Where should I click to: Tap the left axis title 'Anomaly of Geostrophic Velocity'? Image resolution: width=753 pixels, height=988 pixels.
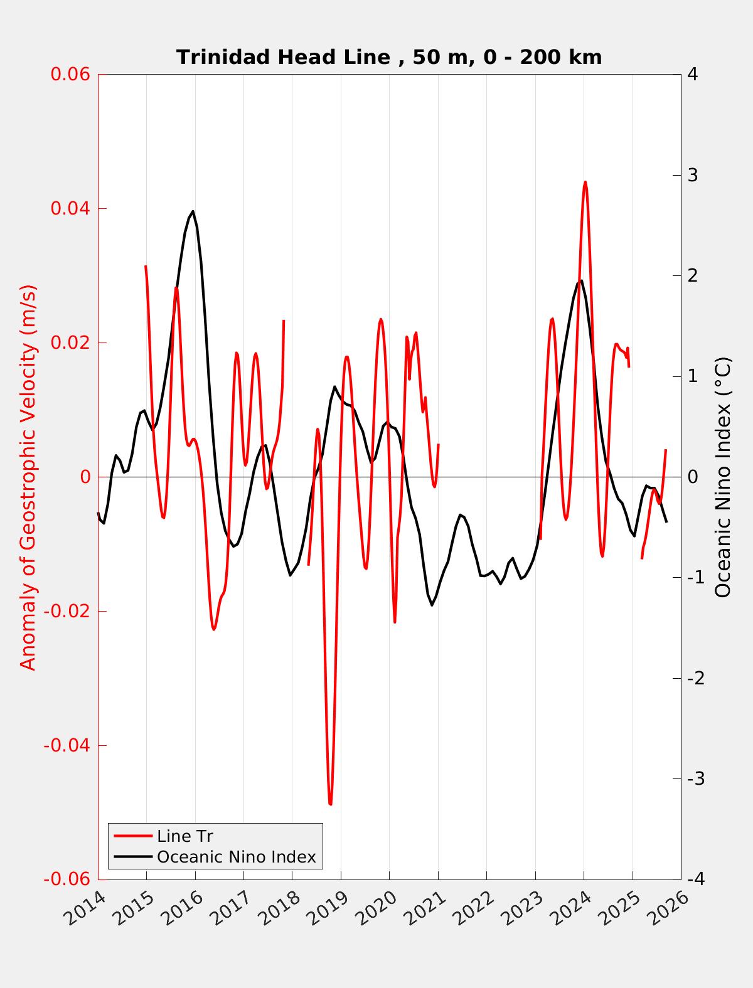click(29, 477)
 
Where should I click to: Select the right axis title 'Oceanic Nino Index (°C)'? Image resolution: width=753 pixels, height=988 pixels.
click(723, 477)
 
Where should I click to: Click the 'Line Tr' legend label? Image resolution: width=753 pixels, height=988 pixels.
click(185, 836)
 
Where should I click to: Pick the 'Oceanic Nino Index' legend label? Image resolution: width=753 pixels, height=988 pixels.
click(236, 857)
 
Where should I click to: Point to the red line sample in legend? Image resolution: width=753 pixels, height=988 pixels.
click(133, 836)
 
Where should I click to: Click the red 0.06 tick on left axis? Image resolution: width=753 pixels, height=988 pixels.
click(70, 74)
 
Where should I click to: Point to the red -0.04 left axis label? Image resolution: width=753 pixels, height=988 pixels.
click(67, 745)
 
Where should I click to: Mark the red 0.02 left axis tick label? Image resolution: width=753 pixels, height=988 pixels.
click(70, 343)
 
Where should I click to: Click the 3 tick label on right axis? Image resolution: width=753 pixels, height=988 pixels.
click(693, 175)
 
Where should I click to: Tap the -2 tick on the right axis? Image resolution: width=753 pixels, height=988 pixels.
click(695, 678)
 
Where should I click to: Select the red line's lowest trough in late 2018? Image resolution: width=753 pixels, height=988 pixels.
click(330, 804)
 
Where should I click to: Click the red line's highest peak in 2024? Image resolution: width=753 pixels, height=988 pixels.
click(585, 182)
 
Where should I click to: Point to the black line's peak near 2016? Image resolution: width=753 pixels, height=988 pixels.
click(193, 211)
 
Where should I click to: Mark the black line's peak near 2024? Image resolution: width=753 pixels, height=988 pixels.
click(581, 280)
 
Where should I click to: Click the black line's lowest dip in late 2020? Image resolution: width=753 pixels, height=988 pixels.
click(432, 605)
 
